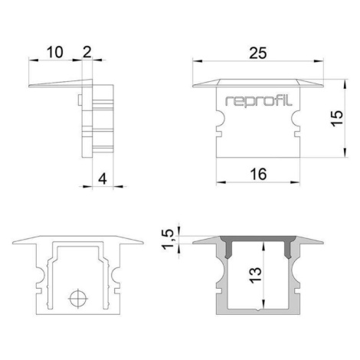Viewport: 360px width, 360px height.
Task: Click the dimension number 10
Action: pyautogui.click(x=54, y=52)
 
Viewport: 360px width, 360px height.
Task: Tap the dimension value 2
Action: pyautogui.click(x=87, y=52)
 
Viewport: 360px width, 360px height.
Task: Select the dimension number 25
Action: pyautogui.click(x=258, y=53)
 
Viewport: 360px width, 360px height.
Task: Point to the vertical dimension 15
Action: pyautogui.click(x=337, y=118)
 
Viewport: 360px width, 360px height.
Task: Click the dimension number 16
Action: pyautogui.click(x=258, y=175)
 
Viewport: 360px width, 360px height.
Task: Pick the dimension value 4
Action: pyautogui.click(x=103, y=178)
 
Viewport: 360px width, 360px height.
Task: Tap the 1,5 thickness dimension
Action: pyautogui.click(x=168, y=240)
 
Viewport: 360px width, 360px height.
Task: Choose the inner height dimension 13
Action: pyautogui.click(x=256, y=275)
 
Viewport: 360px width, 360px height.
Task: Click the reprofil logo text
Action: pyautogui.click(x=258, y=101)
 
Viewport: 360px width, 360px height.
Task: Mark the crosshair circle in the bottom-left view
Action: pyautogui.click(x=78, y=299)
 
